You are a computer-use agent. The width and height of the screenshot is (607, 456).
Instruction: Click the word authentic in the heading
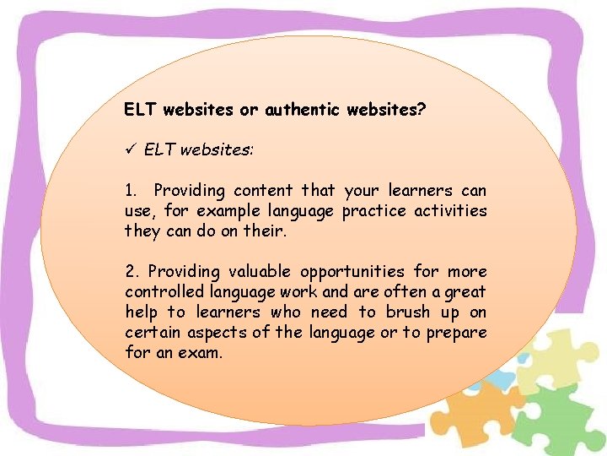pos(302,110)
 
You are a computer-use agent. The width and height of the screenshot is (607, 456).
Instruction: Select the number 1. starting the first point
pos(131,191)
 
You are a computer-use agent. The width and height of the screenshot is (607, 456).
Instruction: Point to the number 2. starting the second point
pos(132,272)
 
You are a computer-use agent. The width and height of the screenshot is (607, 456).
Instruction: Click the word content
pos(262,191)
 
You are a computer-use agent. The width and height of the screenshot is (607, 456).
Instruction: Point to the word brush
pos(409,312)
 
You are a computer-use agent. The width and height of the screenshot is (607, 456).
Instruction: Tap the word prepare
pos(456,333)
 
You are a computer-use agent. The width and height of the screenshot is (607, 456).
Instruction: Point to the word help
pos(142,312)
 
